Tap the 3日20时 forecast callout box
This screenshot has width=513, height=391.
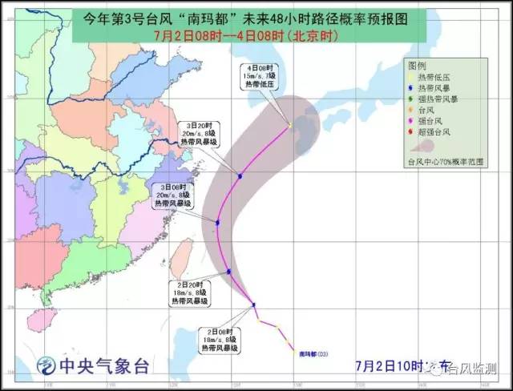click(x=199, y=135)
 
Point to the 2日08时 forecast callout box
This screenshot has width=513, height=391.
click(x=217, y=340)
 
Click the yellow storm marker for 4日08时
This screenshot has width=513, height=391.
click(x=290, y=125)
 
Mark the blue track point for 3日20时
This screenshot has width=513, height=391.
click(x=240, y=175)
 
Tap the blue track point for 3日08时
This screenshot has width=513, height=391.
click(x=217, y=222)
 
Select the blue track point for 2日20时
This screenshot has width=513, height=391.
click(x=229, y=272)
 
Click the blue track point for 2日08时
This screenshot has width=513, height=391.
click(x=254, y=304)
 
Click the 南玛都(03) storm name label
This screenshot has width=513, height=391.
click(x=313, y=353)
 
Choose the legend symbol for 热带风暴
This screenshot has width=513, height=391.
click(x=411, y=87)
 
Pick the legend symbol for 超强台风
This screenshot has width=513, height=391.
click(x=411, y=131)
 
